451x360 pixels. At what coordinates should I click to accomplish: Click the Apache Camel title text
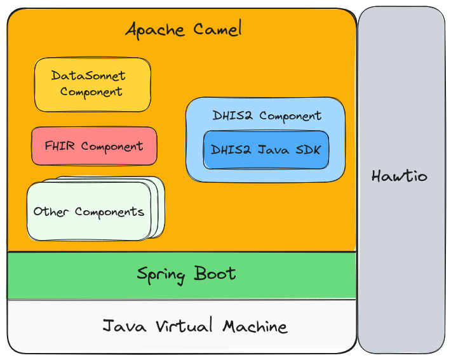coord(183,29)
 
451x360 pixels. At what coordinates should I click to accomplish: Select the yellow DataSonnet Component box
coord(92,84)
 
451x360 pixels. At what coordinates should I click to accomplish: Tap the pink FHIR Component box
coord(94,146)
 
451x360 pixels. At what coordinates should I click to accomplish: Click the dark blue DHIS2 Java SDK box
coord(266,150)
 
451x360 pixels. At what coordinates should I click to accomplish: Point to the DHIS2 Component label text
coord(267,116)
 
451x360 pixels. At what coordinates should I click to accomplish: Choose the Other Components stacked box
coord(89,211)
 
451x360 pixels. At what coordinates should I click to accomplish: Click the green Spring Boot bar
coord(186,274)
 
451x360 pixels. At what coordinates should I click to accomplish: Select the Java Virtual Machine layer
coord(194,326)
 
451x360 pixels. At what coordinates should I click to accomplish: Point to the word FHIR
coord(60,146)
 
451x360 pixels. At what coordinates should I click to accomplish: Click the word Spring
coord(161,275)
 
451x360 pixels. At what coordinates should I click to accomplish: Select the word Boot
coord(215,274)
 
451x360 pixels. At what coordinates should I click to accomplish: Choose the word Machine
coord(255,326)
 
